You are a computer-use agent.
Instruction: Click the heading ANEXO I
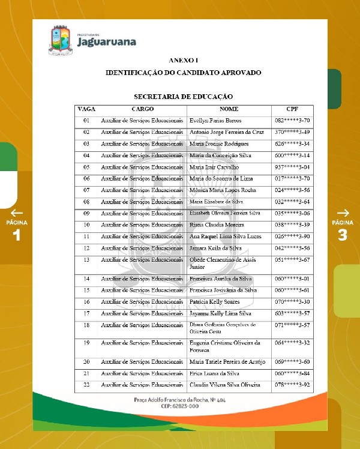[183, 60]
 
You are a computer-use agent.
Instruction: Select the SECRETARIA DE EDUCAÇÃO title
[183, 96]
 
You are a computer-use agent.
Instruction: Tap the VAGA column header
[86, 109]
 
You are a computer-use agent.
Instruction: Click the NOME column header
[229, 109]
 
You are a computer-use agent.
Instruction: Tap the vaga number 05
[86, 167]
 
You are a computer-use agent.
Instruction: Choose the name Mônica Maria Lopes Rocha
[221, 190]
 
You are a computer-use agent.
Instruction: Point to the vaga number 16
[86, 301]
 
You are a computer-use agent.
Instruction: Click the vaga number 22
[86, 385]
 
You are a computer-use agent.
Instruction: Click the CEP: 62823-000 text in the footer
[180, 406]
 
